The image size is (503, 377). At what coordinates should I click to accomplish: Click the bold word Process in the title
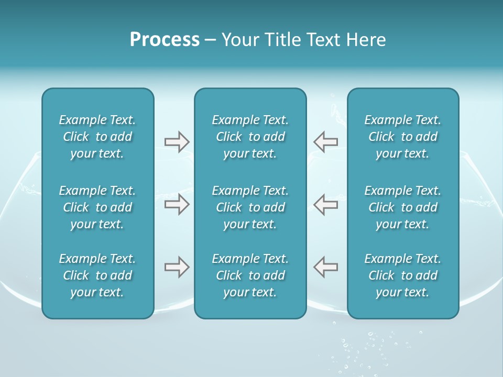165,40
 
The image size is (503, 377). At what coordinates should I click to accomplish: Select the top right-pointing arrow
177,142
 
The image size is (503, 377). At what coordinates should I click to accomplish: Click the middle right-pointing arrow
177,204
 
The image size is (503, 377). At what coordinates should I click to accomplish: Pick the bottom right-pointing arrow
177,267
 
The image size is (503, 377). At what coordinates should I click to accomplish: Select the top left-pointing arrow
325,142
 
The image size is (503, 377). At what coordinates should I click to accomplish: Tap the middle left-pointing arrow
325,204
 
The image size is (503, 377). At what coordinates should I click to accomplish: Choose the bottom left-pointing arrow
325,267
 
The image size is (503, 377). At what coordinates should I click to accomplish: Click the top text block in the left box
97,137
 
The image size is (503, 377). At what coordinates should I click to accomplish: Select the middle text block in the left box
97,207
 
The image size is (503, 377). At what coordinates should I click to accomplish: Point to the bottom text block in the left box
97,275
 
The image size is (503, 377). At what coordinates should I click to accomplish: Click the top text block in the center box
250,137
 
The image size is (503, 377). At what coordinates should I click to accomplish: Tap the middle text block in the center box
250,207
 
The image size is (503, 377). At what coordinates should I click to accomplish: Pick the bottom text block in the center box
250,275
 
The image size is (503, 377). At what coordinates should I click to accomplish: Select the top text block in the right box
402,137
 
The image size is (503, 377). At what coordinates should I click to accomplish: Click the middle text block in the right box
402,207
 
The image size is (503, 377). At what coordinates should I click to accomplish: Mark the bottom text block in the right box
402,275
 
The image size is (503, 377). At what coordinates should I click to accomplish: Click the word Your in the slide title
239,40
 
